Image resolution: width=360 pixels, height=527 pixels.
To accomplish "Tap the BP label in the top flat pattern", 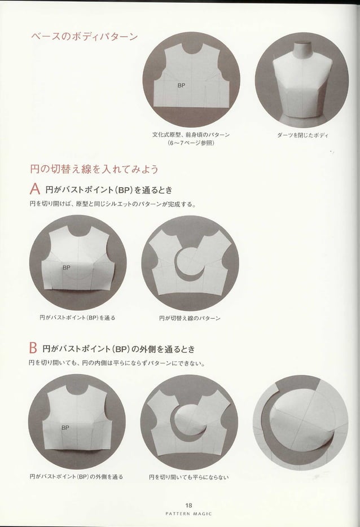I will coord(181,85).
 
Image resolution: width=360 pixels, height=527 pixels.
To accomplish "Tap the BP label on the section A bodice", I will coord(66,267).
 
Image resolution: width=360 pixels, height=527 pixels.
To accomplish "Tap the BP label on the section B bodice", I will coord(65,428).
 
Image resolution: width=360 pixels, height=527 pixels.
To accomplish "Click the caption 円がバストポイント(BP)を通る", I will coord(77,318).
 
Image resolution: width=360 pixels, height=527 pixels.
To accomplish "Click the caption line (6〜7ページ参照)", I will coord(191,143).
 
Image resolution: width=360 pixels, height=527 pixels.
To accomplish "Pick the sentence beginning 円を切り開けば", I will coord(112,204).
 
